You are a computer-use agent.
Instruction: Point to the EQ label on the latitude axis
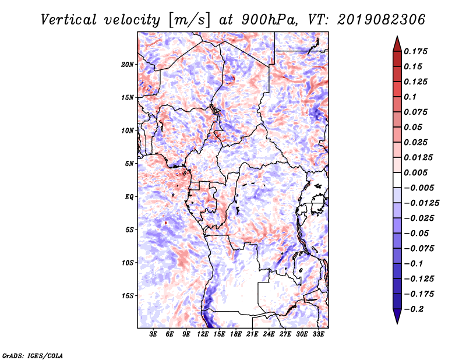pyautogui.click(x=129, y=196)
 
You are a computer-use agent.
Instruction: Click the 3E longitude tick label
pyautogui.click(x=154, y=334)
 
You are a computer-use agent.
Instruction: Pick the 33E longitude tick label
pyautogui.click(x=318, y=334)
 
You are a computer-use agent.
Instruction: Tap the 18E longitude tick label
pyautogui.click(x=236, y=334)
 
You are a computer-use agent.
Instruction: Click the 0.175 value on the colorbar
pyautogui.click(x=418, y=51)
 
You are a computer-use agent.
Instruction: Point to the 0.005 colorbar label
pyautogui.click(x=418, y=172)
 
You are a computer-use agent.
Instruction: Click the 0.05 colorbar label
pyautogui.click(x=415, y=127)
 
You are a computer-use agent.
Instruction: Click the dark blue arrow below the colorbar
pyautogui.click(x=397, y=317)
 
